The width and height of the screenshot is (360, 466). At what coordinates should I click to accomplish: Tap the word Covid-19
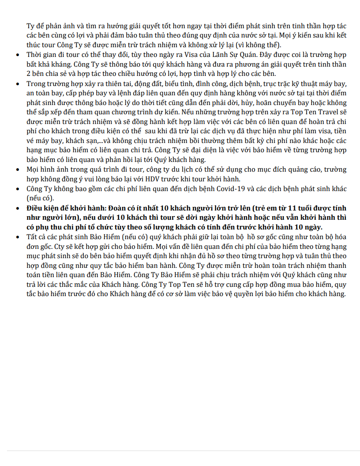click(x=243, y=188)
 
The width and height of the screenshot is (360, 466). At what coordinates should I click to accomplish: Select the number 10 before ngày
click(x=296, y=227)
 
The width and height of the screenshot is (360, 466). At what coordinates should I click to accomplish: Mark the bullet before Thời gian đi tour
click(x=17, y=55)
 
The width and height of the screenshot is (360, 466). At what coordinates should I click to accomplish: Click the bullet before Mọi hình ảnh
click(x=17, y=170)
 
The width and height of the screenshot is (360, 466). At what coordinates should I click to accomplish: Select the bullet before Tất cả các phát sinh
click(x=17, y=237)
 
